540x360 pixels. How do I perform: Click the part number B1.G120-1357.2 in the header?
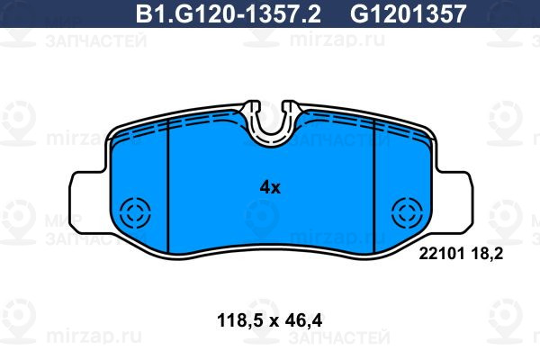point(229,14)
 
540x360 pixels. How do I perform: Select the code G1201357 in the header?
point(408,14)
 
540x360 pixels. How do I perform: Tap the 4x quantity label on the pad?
point(270,188)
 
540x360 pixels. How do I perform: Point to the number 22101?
point(442,254)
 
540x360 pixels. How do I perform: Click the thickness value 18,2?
point(487,255)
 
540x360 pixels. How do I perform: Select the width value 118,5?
point(240,321)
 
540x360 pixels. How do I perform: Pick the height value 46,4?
point(304,321)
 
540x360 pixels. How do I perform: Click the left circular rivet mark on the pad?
point(135,213)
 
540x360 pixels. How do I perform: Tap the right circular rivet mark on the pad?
point(407,213)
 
